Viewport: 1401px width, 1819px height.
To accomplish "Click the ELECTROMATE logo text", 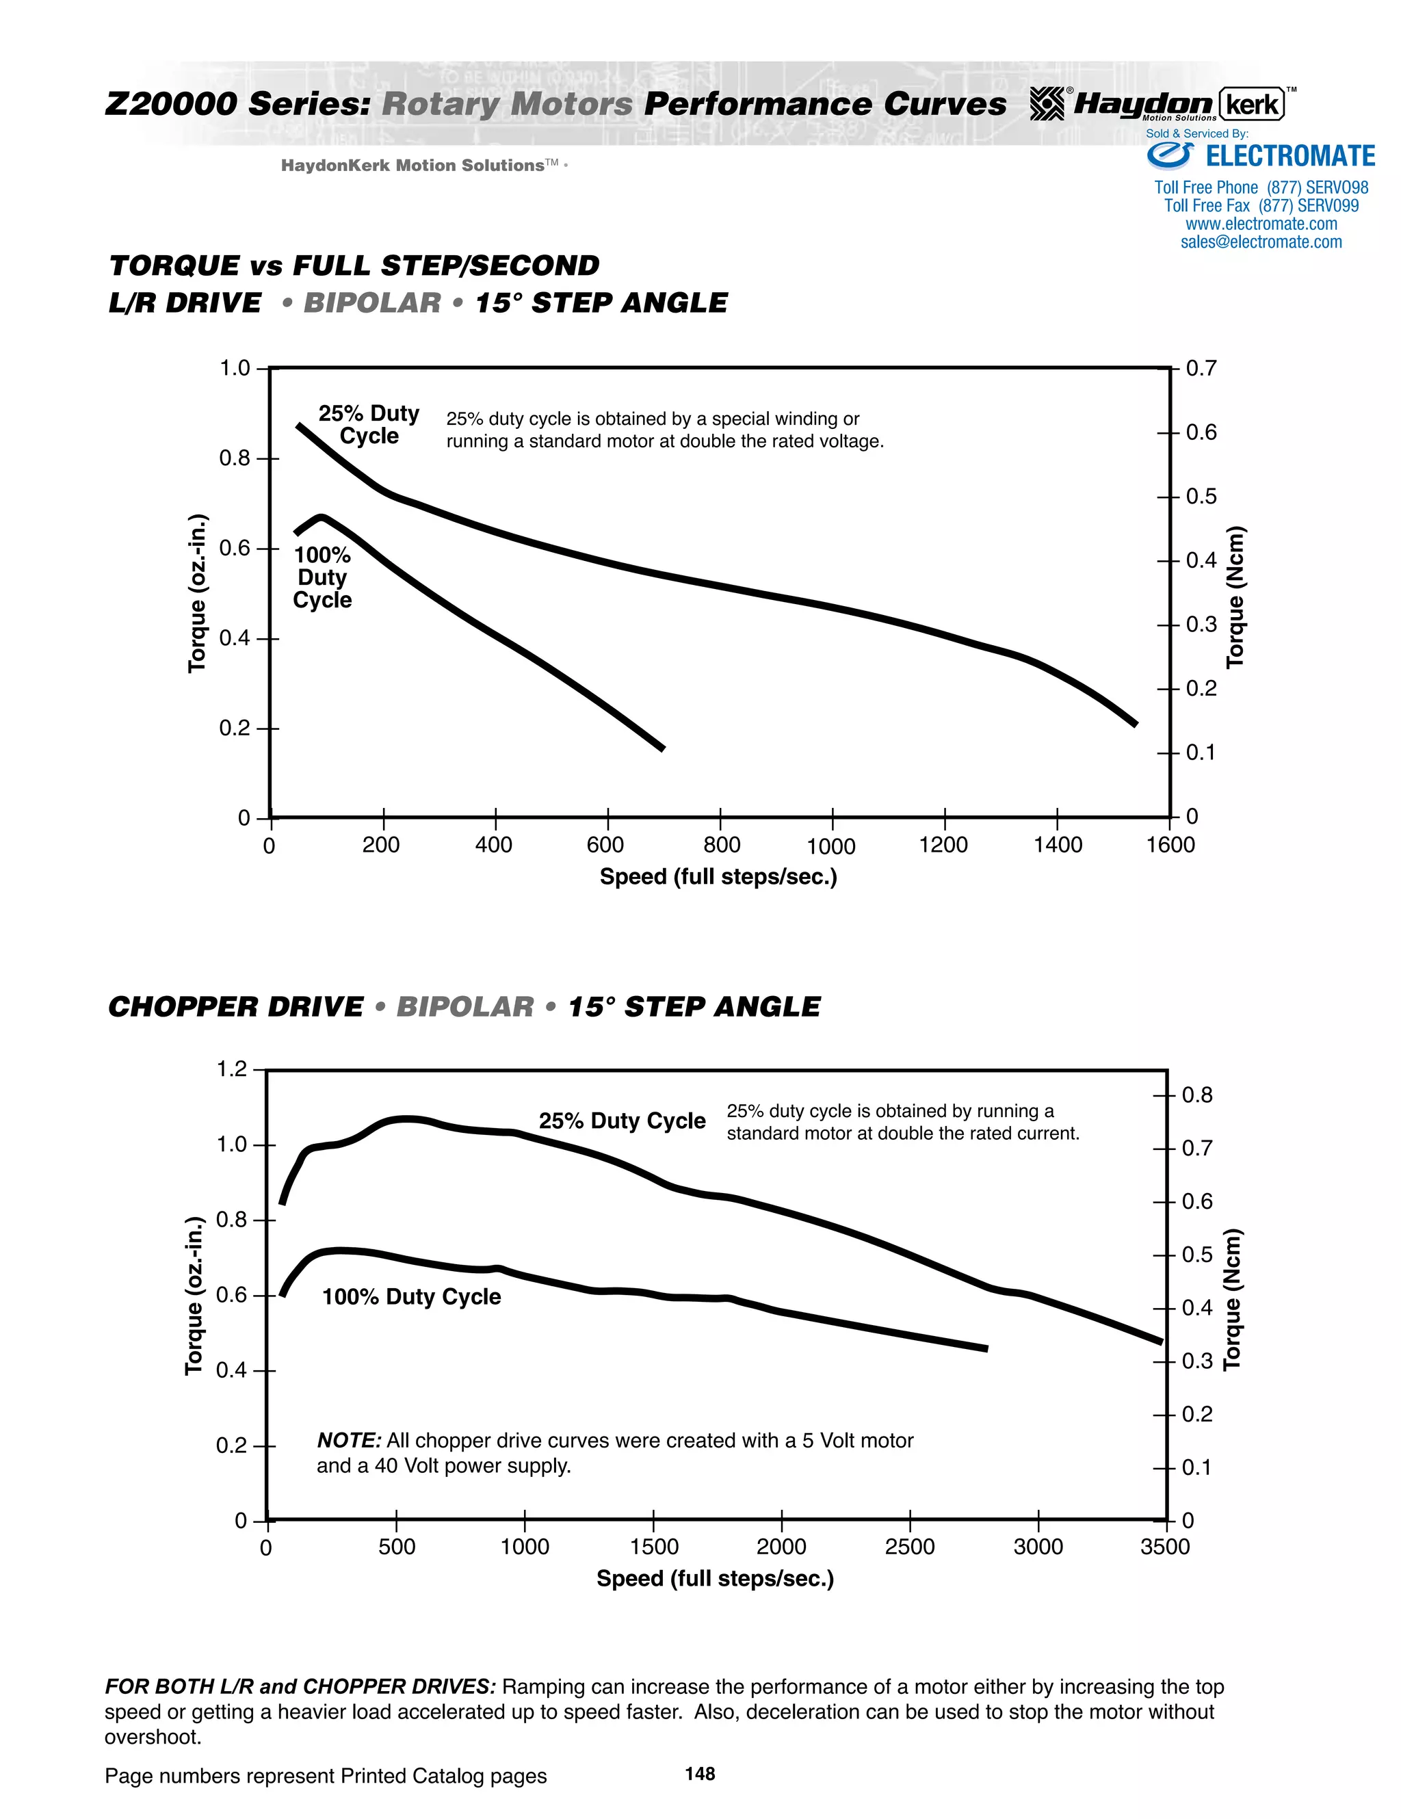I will (x=1289, y=157).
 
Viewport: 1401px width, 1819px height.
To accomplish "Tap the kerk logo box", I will (x=1252, y=105).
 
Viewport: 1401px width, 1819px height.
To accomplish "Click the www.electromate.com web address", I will (x=1261, y=224).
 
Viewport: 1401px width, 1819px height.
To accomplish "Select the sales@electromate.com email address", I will (x=1261, y=242).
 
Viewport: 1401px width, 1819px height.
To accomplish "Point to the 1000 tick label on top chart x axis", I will (x=830, y=847).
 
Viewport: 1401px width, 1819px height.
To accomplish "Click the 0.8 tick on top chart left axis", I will (x=234, y=458).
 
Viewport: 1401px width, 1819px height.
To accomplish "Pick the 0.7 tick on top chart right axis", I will (x=1201, y=368).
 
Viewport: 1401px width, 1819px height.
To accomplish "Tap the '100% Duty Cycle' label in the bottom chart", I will (x=411, y=1297).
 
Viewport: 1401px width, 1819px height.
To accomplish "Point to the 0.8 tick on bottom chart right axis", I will (x=1197, y=1095).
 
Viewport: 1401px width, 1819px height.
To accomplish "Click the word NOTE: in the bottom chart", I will (x=349, y=1441).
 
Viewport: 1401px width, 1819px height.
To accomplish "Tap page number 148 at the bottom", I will (x=700, y=1774).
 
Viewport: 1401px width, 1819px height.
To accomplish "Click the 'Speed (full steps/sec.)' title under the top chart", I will (x=718, y=877).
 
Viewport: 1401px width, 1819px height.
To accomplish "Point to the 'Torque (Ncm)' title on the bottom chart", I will (x=1232, y=1299).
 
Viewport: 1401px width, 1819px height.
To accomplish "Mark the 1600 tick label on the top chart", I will (x=1170, y=846).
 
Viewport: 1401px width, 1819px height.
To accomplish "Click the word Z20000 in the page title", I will (x=172, y=104).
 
